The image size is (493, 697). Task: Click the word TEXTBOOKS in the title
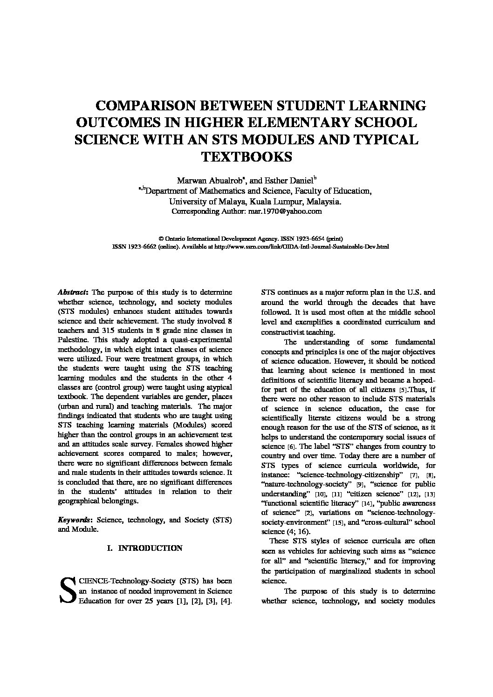[246, 156]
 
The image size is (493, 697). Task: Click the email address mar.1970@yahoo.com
[289, 211]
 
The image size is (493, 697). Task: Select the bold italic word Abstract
[72, 292]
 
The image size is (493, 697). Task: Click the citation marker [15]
[338, 523]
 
